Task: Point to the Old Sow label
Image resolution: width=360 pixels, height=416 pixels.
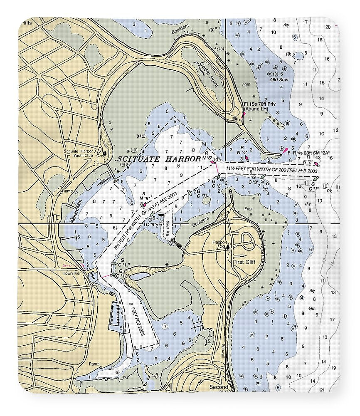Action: coord(279,79)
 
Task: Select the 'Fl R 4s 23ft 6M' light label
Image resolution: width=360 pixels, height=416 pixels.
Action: coord(308,153)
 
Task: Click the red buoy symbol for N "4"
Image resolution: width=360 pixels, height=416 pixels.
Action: coord(247,158)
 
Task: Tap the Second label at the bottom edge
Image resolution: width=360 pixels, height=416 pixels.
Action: coord(219,387)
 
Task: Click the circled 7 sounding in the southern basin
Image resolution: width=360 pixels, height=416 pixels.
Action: coord(165,326)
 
